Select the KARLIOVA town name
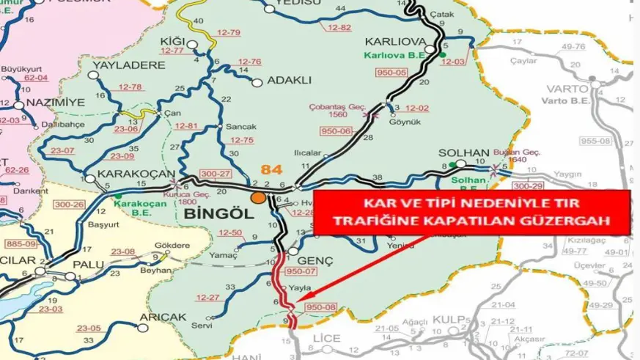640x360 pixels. pos(397,41)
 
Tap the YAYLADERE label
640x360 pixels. pos(129,65)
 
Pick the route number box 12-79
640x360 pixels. pos(229,33)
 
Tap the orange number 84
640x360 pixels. pos(271,170)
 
